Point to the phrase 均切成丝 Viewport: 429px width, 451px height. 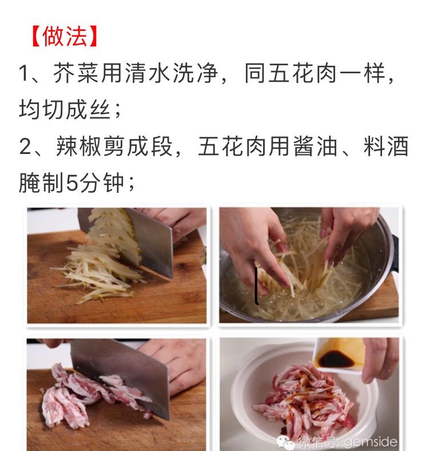63,110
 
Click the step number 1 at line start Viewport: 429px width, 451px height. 24,74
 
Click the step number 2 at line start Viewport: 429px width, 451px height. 25,147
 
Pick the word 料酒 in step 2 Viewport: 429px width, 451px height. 386,147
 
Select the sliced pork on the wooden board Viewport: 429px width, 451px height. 80,395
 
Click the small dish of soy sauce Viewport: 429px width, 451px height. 337,355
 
